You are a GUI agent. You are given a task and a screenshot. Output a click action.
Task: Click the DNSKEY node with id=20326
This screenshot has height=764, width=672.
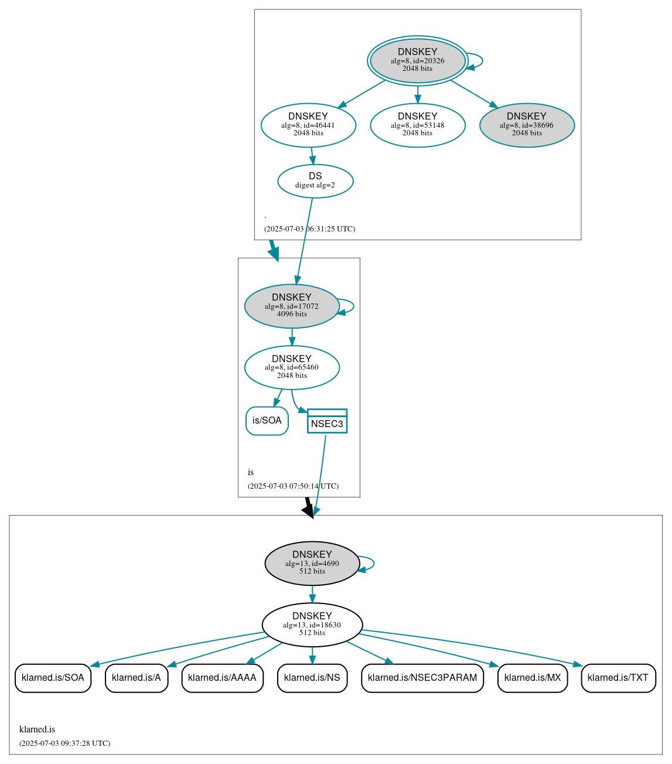click(417, 60)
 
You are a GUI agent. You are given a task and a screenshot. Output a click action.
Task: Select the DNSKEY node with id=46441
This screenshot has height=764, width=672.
click(308, 125)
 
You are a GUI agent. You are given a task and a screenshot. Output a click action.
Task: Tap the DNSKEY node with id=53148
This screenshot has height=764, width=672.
click(417, 125)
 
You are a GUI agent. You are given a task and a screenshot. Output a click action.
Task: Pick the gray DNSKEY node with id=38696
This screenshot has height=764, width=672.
click(527, 125)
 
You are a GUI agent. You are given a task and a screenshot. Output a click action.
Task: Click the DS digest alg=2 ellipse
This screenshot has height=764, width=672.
click(315, 181)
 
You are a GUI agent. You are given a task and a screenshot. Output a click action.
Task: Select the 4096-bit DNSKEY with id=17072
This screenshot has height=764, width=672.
click(292, 306)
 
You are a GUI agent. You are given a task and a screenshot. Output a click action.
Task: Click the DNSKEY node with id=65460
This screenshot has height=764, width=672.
click(292, 367)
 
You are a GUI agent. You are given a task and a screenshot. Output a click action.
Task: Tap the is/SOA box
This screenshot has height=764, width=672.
click(267, 421)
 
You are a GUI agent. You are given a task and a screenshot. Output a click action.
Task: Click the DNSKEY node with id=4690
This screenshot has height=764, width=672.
click(312, 563)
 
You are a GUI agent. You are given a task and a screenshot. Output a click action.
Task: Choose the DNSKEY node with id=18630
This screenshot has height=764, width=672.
click(312, 625)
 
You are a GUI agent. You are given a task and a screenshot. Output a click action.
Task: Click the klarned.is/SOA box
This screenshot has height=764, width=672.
click(53, 678)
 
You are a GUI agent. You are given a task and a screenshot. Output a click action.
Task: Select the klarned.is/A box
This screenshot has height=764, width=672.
click(137, 678)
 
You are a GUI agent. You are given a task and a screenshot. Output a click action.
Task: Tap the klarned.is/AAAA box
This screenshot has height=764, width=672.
click(222, 678)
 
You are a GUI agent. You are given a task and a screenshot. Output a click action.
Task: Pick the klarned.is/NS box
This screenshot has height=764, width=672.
click(312, 678)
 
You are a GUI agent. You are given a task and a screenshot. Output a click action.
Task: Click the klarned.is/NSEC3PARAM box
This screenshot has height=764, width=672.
click(422, 678)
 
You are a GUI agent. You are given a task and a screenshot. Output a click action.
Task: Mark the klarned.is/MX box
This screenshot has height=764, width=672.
click(533, 678)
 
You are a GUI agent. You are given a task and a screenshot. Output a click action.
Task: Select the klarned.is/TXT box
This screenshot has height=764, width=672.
click(618, 678)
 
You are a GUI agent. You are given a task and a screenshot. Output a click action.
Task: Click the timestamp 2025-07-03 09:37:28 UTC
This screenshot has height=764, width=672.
click(64, 743)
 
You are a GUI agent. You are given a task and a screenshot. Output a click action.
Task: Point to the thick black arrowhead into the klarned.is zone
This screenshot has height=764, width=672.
click(309, 510)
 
